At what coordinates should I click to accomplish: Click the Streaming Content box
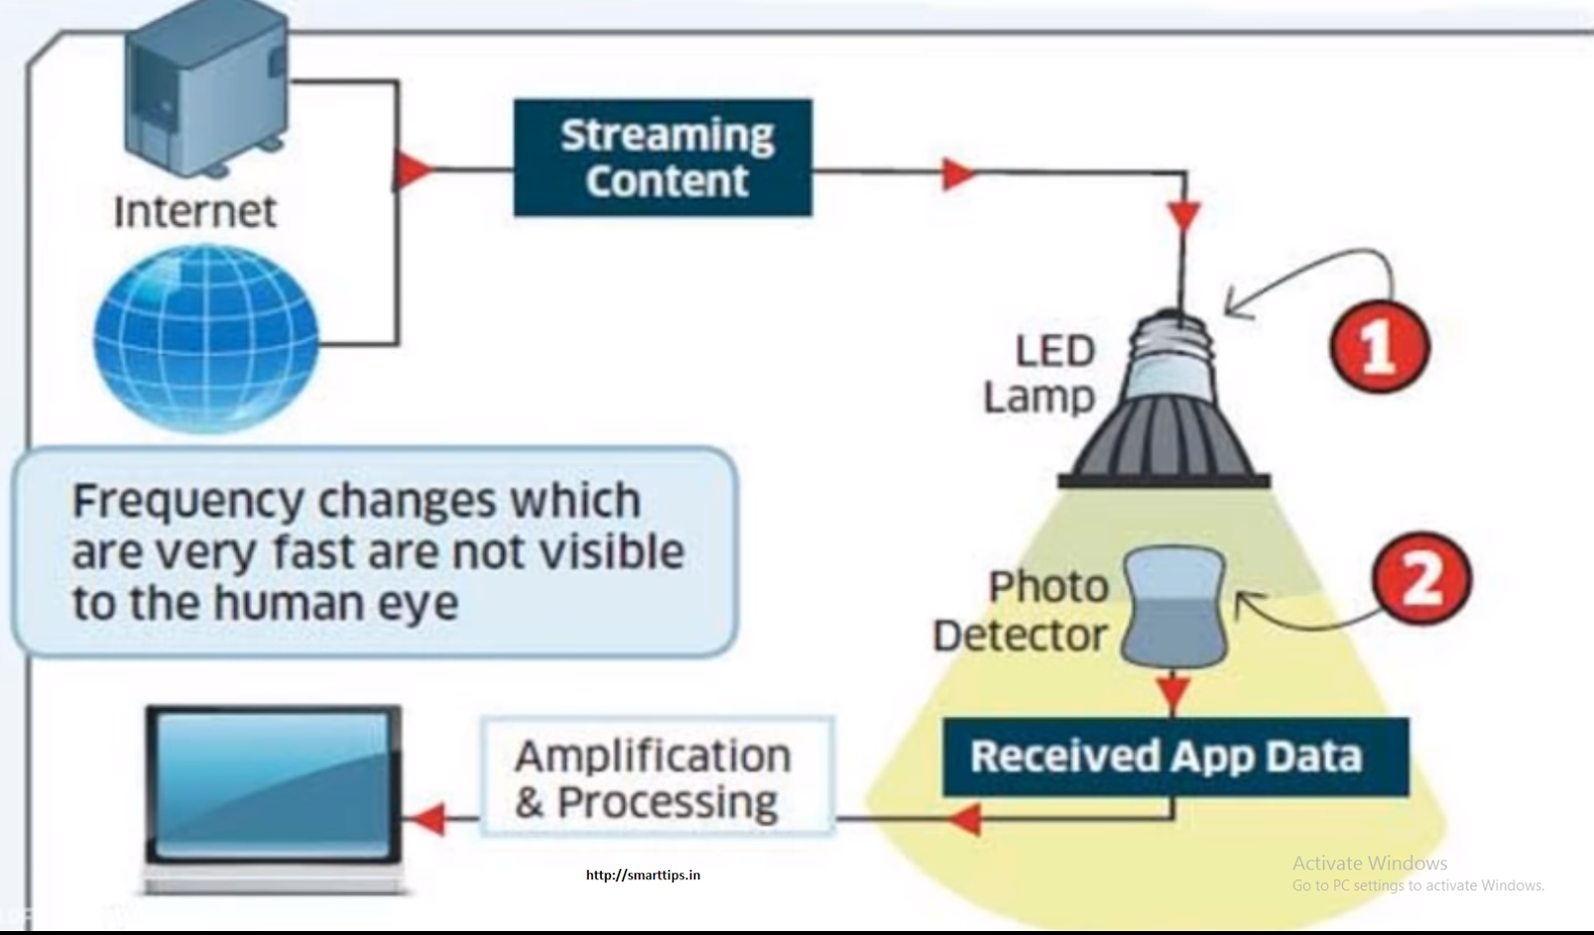click(663, 157)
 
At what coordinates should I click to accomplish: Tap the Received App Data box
click(1176, 757)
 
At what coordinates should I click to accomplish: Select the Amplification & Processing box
click(656, 778)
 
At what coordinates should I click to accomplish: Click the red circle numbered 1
click(1380, 348)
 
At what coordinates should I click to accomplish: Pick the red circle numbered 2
click(1422, 578)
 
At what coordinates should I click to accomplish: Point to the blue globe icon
click(206, 339)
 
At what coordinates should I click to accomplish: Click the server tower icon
click(207, 85)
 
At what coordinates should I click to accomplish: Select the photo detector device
click(1175, 606)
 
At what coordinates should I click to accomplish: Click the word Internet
click(194, 212)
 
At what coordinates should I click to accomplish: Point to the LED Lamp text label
click(1041, 373)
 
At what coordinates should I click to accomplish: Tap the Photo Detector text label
click(1021, 610)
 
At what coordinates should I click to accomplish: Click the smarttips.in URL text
click(643, 875)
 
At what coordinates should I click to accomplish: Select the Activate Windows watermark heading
click(1370, 863)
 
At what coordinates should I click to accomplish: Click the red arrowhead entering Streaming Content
click(412, 169)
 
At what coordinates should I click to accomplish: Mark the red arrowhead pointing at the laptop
click(426, 819)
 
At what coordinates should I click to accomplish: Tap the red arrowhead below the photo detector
click(1174, 690)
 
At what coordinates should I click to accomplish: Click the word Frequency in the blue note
click(188, 501)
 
